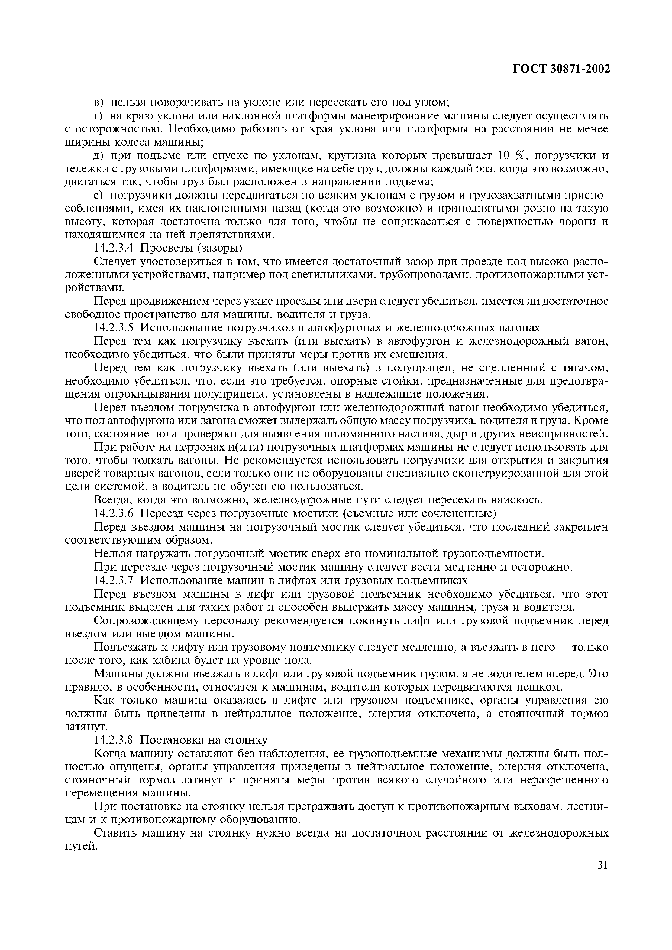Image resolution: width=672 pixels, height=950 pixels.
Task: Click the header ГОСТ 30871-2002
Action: [561, 69]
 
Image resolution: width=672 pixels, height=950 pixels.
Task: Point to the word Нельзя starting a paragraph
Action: [116, 554]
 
